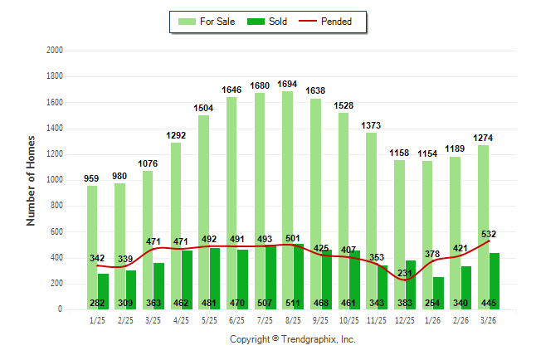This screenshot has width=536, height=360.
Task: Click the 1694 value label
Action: coord(293,85)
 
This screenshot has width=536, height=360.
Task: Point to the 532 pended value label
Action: coord(489,234)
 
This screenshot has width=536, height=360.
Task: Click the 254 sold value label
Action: coord(432,303)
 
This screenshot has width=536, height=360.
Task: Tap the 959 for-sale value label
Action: coord(92,178)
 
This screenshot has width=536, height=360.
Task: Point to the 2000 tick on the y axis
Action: coord(56,51)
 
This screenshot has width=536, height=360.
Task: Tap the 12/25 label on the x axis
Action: coord(405,320)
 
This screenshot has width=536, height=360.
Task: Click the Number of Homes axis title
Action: coord(32,179)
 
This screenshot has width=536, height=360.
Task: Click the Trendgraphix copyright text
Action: coord(292,339)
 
